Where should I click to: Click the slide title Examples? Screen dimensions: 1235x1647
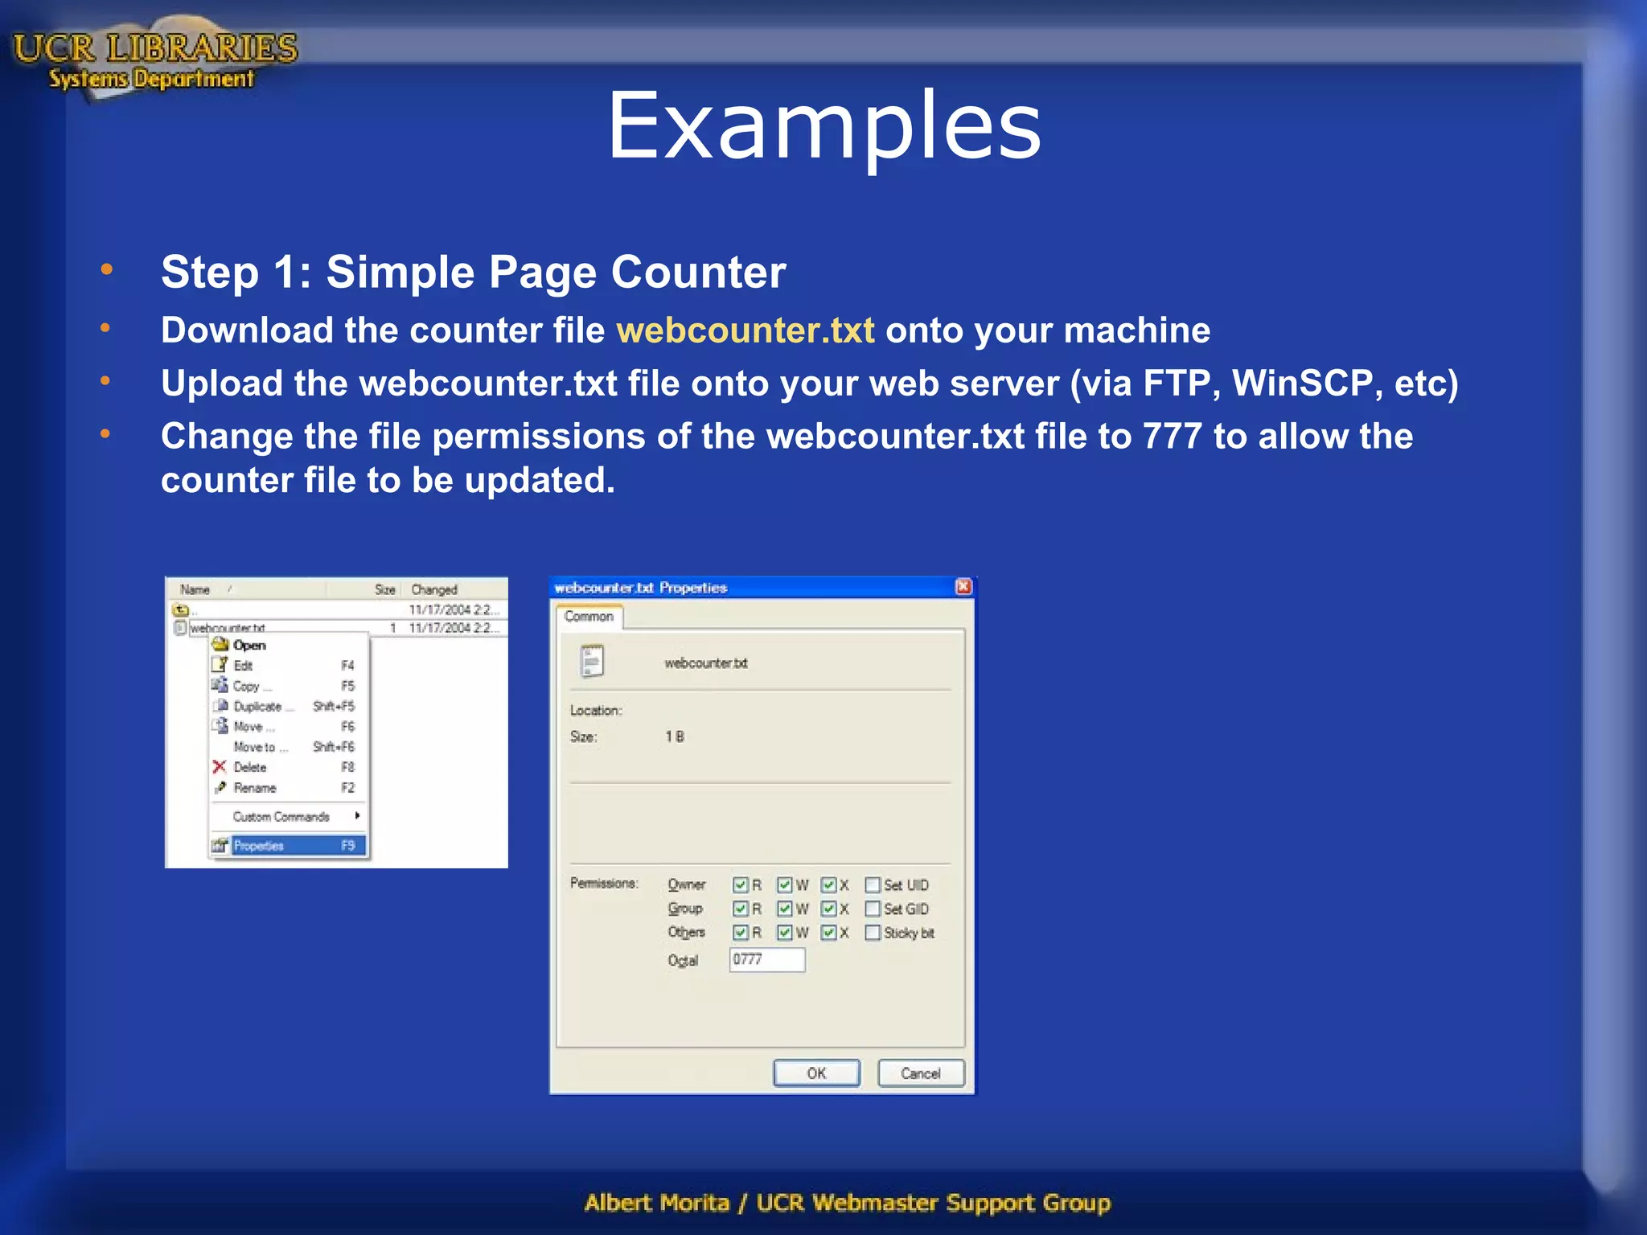pos(823,126)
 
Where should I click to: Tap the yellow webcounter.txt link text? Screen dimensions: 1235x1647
pos(745,330)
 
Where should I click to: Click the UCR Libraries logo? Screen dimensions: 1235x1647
pos(154,59)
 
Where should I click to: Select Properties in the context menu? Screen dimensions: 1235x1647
pos(287,846)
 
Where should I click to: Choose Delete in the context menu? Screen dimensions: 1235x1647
pos(250,768)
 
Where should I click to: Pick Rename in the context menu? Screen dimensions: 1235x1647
pos(255,788)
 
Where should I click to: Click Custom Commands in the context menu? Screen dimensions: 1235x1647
pos(281,817)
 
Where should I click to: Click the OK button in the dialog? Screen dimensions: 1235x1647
pos(816,1073)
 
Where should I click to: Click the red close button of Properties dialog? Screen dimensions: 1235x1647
pos(963,587)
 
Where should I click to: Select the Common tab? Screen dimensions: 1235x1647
pos(589,617)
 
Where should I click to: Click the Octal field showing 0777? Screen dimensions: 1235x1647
pos(767,960)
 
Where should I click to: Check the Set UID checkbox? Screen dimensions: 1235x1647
pos(873,885)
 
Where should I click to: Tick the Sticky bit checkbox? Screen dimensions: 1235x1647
pos(873,933)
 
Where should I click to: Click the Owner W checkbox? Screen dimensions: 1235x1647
pos(785,885)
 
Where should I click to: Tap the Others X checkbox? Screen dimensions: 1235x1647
pos(829,933)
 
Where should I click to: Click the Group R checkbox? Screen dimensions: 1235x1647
pos(741,909)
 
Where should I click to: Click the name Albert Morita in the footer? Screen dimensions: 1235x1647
pos(656,1203)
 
